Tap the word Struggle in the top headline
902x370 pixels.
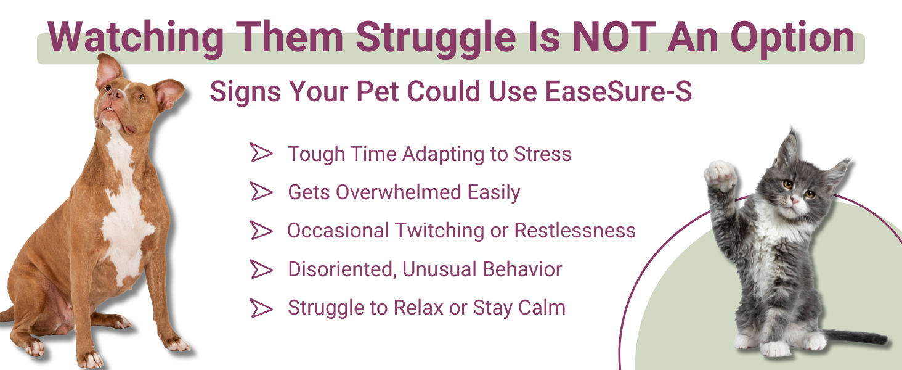(x=436, y=39)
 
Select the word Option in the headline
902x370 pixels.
(x=792, y=39)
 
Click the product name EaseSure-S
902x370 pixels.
(x=619, y=91)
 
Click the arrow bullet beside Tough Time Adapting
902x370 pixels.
(x=261, y=152)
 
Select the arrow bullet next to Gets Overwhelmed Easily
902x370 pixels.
(x=261, y=191)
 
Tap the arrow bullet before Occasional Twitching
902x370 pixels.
(x=261, y=230)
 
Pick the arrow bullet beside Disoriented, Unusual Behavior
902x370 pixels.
(x=261, y=269)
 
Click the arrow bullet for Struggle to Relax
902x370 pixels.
(x=261, y=308)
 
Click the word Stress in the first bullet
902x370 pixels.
(x=542, y=154)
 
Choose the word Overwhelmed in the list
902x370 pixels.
(x=398, y=192)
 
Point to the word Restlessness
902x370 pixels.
(x=575, y=231)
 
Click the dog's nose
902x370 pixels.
(x=116, y=94)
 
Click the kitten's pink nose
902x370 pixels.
(x=794, y=200)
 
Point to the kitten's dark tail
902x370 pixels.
(x=854, y=337)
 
